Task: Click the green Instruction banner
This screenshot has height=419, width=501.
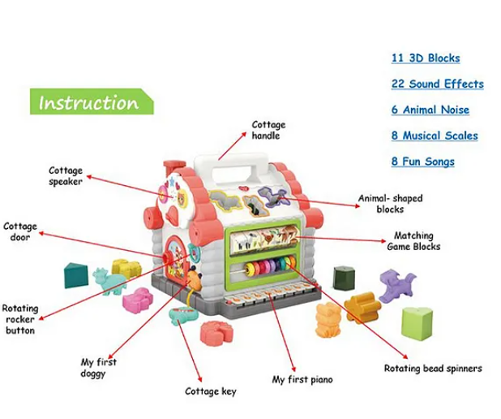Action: [90, 103]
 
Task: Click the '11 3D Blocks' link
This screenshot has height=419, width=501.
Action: [426, 58]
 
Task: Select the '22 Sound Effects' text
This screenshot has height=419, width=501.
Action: [437, 84]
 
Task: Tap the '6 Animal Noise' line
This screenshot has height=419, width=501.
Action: [430, 110]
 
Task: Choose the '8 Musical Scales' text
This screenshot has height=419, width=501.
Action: [435, 136]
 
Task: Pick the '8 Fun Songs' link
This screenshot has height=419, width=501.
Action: [422, 162]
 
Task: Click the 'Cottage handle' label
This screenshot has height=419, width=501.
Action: [268, 131]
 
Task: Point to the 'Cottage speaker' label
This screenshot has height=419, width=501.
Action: [66, 176]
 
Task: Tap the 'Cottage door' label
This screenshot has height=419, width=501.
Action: [20, 232]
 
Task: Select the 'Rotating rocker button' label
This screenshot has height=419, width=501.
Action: [19, 320]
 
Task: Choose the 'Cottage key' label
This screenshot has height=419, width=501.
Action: [211, 391]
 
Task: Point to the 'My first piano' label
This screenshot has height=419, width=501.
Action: [302, 379]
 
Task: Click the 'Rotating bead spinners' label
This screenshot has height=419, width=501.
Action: [433, 369]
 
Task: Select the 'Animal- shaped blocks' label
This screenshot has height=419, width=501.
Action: [390, 204]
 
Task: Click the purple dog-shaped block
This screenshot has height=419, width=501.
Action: [397, 287]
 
